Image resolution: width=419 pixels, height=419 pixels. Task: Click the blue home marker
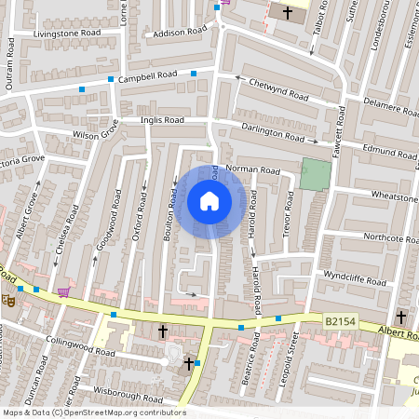209,200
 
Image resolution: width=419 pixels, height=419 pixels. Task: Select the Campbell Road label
148,75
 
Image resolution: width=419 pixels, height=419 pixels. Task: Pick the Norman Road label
252,171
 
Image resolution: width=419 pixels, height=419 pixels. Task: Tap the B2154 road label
341,320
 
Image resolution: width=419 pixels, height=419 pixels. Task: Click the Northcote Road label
390,237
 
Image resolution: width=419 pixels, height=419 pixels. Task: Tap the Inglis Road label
162,120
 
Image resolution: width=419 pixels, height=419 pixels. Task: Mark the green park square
317,173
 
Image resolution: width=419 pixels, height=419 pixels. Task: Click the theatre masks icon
7,300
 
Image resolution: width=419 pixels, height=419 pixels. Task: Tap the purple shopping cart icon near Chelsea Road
63,291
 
